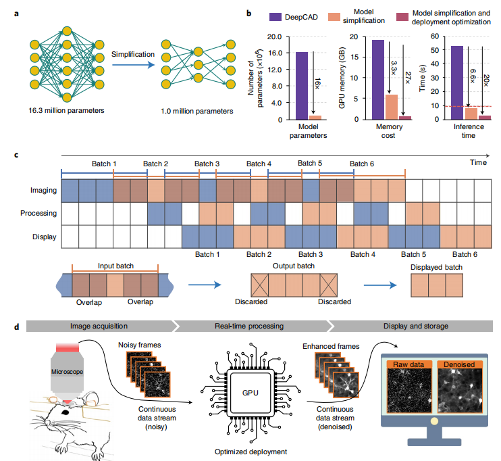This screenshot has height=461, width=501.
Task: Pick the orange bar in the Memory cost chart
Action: (x=391, y=107)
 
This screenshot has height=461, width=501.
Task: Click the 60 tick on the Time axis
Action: (x=437, y=37)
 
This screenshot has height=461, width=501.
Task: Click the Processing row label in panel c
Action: (x=40, y=214)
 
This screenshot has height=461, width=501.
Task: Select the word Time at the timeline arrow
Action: (x=479, y=163)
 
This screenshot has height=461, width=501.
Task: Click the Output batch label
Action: (x=289, y=266)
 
